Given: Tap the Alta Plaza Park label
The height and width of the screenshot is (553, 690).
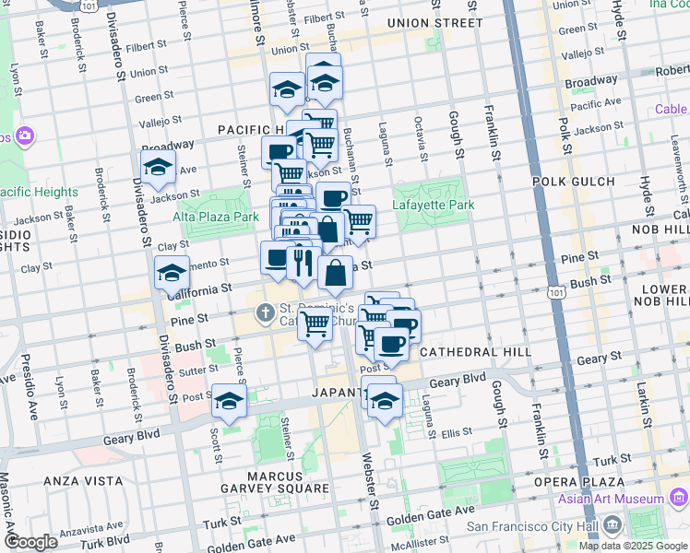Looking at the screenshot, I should click(216, 217).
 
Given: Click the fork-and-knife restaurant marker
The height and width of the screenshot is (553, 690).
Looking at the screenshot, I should click(303, 263).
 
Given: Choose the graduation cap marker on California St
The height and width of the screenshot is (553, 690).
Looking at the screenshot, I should click(172, 273).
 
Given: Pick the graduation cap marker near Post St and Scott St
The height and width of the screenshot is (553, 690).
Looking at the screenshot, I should click(229, 400).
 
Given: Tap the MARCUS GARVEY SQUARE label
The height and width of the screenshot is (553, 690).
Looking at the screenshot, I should click(275, 488).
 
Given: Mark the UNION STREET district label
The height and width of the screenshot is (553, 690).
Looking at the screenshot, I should click(434, 22).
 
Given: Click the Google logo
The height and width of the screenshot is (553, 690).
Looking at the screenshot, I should click(30, 541).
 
